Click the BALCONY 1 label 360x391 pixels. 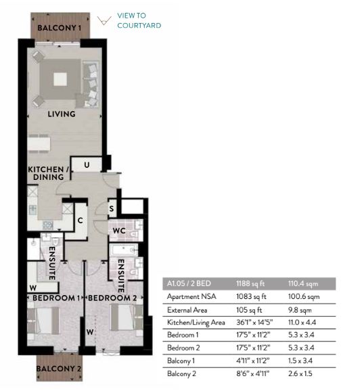point(60,28)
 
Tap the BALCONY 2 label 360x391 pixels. point(59,369)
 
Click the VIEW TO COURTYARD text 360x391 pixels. point(139,20)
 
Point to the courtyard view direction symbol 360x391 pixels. point(104,20)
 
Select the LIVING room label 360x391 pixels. point(62,114)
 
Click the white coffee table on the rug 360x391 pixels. point(60,79)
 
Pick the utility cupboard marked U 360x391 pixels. point(87,164)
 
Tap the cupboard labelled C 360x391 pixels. point(80,221)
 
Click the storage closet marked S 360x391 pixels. point(112,208)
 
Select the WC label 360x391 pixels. point(119,231)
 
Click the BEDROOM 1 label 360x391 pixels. point(56,298)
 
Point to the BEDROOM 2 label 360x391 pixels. point(112,298)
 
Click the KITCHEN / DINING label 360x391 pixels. point(49,173)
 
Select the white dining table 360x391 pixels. point(39,144)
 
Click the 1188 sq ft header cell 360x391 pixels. point(250,283)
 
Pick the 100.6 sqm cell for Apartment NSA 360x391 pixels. point(304,296)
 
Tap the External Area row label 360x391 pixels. point(187,310)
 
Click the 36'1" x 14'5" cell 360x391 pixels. point(254,323)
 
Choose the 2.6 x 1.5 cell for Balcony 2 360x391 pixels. point(300,373)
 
